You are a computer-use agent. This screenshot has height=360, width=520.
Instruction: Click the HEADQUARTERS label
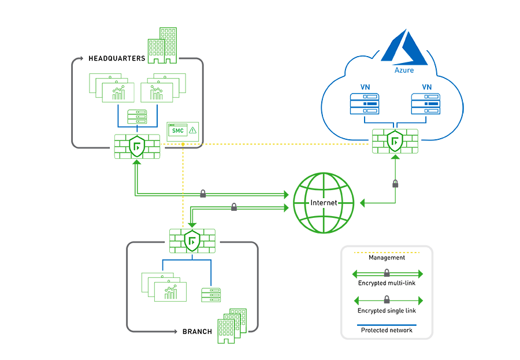(117, 58)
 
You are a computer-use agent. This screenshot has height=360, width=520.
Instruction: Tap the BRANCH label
(197, 332)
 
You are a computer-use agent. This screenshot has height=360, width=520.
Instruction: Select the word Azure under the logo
(404, 70)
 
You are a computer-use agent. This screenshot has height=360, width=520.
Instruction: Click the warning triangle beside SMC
(192, 131)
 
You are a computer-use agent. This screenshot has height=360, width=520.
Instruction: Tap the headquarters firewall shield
(137, 147)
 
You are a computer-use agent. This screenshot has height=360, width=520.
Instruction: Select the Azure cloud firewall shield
(395, 140)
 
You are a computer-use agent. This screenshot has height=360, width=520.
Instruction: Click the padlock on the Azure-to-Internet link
(395, 184)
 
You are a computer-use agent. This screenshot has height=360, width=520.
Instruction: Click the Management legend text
(387, 258)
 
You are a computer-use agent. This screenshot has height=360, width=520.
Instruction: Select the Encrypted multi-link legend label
(387, 283)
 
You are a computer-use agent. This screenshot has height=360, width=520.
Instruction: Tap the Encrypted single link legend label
(387, 310)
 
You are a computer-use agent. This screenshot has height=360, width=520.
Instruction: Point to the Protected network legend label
(387, 331)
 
